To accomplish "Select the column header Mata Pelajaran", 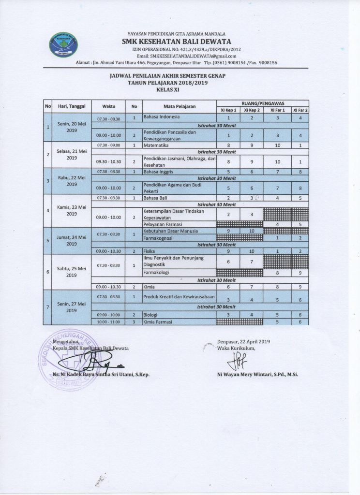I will (178, 106).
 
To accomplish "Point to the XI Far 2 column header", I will (300, 110).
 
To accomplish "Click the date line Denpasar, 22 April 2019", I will (243, 341).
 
